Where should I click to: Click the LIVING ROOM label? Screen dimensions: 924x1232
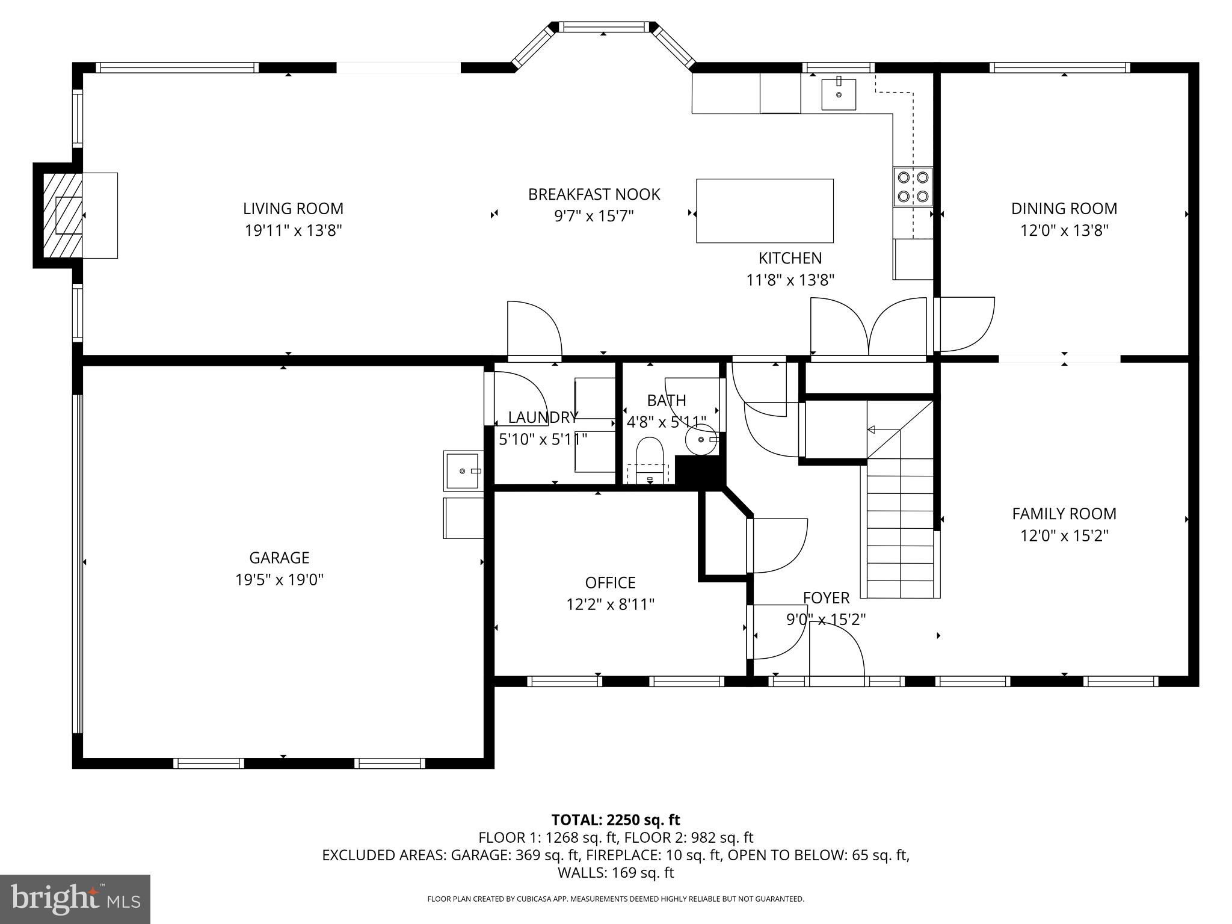pyautogui.click(x=293, y=209)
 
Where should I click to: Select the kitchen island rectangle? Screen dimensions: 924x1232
pyautogui.click(x=765, y=211)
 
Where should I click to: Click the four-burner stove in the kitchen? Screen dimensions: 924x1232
pyautogui.click(x=913, y=186)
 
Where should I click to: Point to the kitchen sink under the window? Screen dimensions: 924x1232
pyautogui.click(x=839, y=94)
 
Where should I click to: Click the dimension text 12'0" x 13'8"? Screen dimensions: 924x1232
pyautogui.click(x=1064, y=230)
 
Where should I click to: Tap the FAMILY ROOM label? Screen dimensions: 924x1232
pyautogui.click(x=1064, y=514)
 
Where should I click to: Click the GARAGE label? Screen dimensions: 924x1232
pyautogui.click(x=279, y=558)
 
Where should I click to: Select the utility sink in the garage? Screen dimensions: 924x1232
pyautogui.click(x=463, y=470)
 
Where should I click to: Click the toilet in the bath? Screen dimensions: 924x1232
pyautogui.click(x=649, y=460)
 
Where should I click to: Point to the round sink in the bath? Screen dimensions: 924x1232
pyautogui.click(x=701, y=439)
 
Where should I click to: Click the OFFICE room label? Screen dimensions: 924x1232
pyautogui.click(x=610, y=582)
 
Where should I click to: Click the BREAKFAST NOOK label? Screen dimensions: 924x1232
pyautogui.click(x=594, y=194)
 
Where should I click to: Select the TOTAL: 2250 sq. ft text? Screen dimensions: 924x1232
pyautogui.click(x=615, y=819)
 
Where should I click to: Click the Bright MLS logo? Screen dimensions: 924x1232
pyautogui.click(x=75, y=899)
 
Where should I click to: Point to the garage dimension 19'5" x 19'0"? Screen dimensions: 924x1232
pyautogui.click(x=279, y=580)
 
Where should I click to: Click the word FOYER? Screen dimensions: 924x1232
pyautogui.click(x=826, y=597)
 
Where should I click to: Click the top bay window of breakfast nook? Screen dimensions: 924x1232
pyautogui.click(x=603, y=26)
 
